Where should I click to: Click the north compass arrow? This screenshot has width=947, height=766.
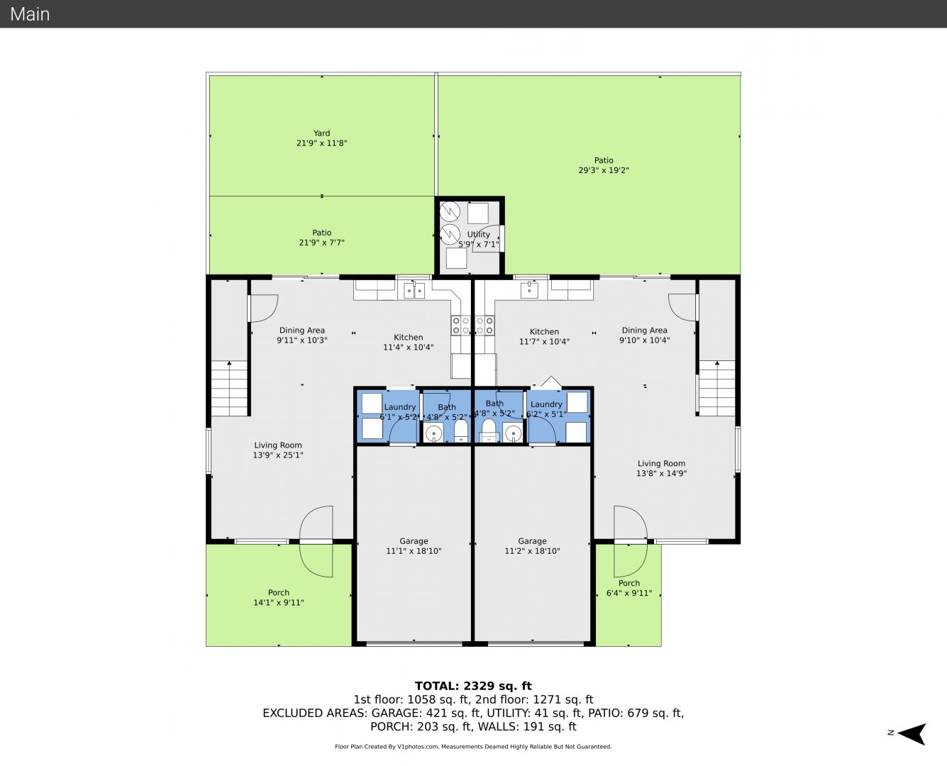pos(913,733)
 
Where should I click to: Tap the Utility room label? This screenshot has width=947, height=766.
pos(478,239)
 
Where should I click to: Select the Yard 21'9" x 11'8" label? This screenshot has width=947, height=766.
pos(321,138)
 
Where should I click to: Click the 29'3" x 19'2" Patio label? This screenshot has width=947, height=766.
pos(604,165)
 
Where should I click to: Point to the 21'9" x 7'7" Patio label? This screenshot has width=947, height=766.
pos(321,238)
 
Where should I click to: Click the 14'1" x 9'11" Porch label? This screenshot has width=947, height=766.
pos(278,597)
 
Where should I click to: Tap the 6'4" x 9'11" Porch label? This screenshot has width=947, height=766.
pos(628,588)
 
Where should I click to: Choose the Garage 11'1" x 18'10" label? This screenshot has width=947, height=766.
pos(414,546)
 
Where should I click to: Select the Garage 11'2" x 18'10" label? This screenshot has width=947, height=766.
pos(532,546)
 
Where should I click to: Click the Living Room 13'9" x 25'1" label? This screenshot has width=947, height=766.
pos(278,450)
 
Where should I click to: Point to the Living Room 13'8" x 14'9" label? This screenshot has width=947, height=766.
pos(661,468)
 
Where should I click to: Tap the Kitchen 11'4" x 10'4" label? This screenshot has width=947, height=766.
pos(408,343)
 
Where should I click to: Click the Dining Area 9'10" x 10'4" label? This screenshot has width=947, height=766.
pos(644,335)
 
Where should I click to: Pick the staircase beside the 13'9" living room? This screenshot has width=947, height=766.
pos(229,388)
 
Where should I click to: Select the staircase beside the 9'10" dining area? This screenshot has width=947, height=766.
pos(716,388)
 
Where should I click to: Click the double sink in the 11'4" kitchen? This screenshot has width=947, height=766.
pos(414,291)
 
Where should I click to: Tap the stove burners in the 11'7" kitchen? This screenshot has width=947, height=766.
pos(484,326)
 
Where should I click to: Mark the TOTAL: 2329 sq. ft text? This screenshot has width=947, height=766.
pos(473,686)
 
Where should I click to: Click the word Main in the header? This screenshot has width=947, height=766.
pos(30,14)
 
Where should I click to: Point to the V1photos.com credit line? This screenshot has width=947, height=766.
pos(473,746)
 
